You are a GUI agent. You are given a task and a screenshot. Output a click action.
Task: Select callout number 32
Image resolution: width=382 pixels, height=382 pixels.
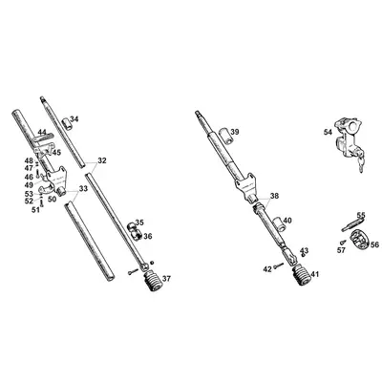tap(102, 160)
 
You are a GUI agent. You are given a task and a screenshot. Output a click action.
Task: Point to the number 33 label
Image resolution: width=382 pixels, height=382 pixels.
tap(83, 188)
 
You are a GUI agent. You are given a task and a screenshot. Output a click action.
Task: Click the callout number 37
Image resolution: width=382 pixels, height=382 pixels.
tap(167, 279)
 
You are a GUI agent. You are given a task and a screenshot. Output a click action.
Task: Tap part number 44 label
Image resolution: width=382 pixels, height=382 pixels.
tap(42, 132)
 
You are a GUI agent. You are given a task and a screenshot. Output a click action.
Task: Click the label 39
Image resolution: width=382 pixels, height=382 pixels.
tap(235, 130)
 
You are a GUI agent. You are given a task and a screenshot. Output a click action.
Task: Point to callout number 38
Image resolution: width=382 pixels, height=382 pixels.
tap(274, 197)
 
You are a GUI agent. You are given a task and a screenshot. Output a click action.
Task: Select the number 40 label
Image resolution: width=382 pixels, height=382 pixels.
tap(287, 221)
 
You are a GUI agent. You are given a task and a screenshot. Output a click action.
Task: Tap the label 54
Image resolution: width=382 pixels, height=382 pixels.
tap(328, 132)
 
